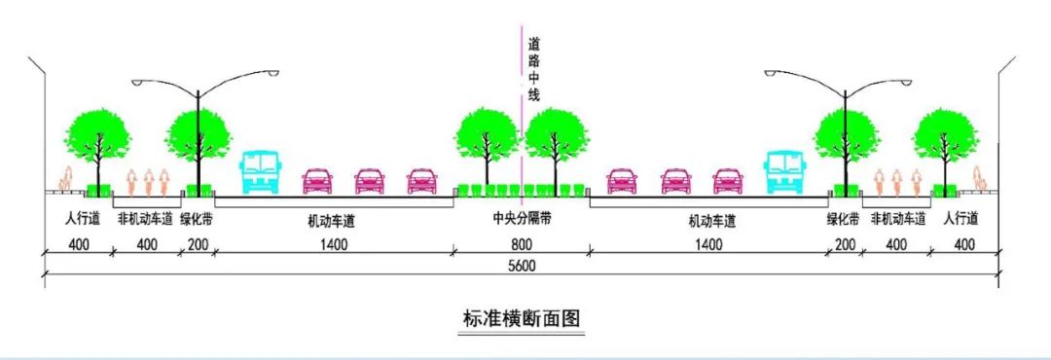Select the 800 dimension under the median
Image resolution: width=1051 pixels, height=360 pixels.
(x=523, y=244)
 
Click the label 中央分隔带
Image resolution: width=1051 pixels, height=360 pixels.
(x=523, y=220)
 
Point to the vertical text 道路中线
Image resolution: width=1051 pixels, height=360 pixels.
(x=532, y=69)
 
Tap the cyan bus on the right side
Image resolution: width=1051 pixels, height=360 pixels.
(x=784, y=171)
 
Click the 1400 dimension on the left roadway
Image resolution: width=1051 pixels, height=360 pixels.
(x=332, y=244)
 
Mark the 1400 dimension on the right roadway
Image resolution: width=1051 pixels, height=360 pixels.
(x=709, y=244)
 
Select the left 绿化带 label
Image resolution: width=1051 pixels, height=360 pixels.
(x=197, y=220)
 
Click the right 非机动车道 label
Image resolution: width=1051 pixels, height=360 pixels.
(x=896, y=220)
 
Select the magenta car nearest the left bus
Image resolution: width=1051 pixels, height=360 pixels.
(x=317, y=180)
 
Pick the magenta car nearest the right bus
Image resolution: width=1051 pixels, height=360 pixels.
(x=728, y=180)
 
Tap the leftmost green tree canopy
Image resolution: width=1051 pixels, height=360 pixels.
(x=97, y=133)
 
